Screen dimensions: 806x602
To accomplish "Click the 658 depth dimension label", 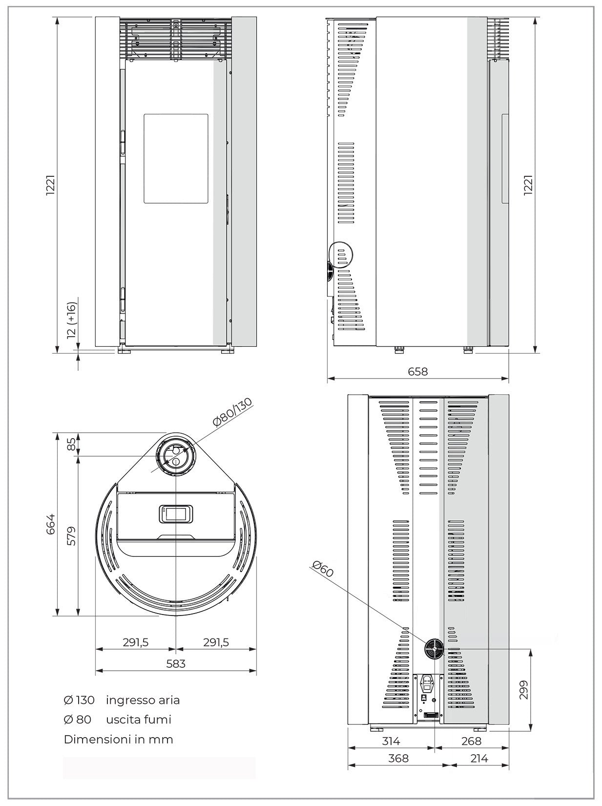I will [417, 372].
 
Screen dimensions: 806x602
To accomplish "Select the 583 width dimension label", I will [176, 663].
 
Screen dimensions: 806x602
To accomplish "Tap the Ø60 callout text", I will [323, 570].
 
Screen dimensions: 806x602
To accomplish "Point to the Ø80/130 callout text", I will [233, 412].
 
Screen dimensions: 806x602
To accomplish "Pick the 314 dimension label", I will [391, 741].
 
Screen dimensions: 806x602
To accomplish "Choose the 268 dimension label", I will [471, 741].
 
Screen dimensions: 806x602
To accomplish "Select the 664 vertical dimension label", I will [51, 524].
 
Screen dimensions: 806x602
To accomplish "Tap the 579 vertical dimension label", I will [71, 536].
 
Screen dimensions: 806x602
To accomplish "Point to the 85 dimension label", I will [71, 444].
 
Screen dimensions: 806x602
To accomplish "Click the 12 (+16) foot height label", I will [71, 320].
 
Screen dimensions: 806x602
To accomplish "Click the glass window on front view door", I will [176, 159].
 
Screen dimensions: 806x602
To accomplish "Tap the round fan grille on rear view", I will [434, 650].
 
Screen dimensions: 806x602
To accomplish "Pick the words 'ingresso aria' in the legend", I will [143, 700].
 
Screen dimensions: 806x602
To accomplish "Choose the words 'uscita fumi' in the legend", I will [139, 720].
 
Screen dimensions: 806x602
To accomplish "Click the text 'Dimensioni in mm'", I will [118, 739].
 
